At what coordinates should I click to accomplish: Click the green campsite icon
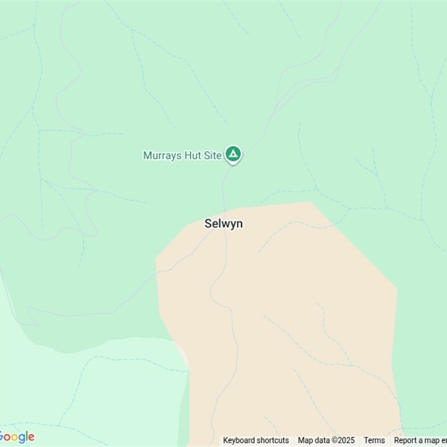233,154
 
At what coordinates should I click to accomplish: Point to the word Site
212,156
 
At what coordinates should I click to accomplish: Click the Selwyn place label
223,223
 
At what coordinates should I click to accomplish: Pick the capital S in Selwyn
208,223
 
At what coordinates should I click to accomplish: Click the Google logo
17,437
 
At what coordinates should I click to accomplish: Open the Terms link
374,440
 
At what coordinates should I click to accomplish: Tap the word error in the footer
443,440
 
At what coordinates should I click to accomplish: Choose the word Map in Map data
305,440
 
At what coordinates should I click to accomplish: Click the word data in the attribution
321,440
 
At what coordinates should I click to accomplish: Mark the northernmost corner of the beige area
310,202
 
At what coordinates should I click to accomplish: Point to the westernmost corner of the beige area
156,259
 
